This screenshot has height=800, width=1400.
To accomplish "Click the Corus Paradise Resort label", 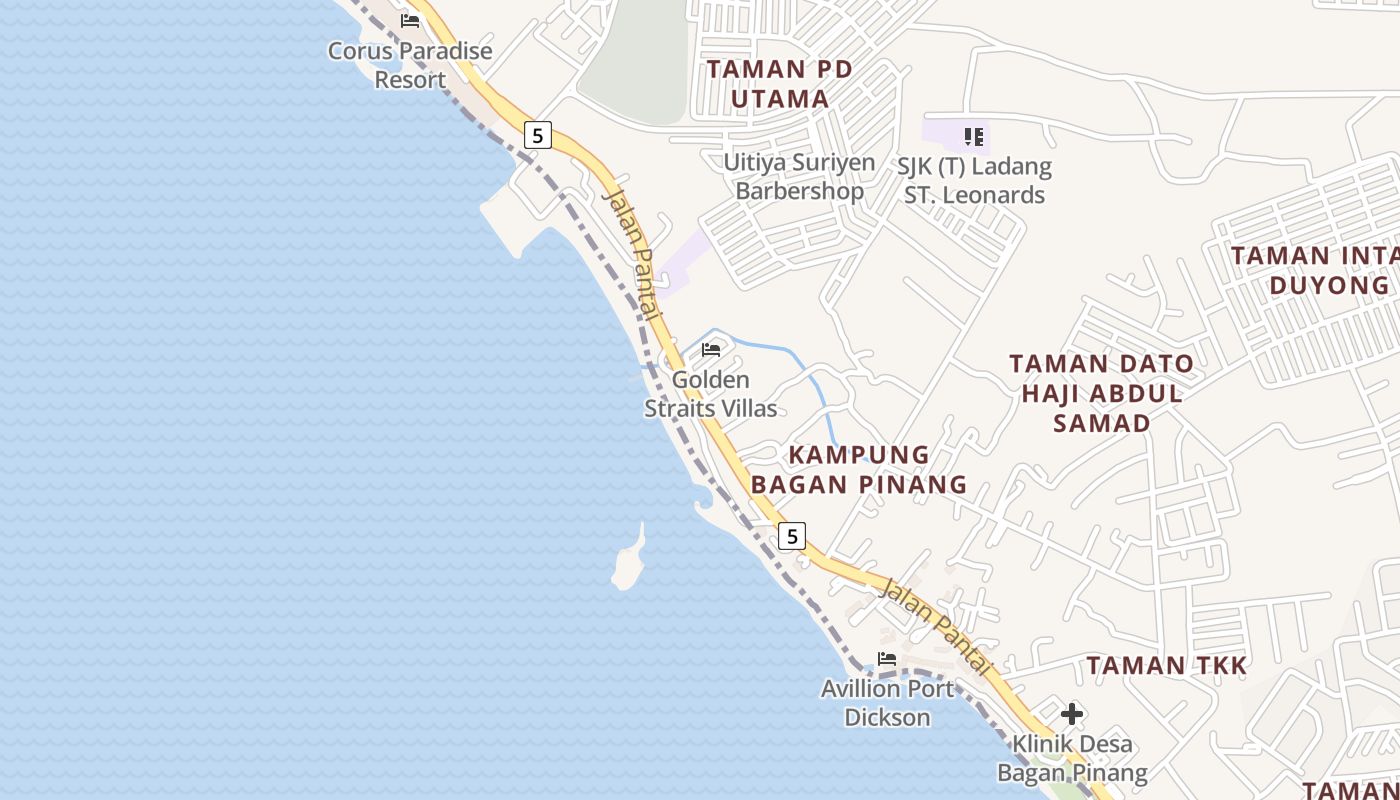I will (x=410, y=65).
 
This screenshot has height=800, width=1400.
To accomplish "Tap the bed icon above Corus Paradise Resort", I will (x=410, y=21).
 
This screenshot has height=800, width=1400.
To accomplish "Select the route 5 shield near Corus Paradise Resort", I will (x=538, y=135).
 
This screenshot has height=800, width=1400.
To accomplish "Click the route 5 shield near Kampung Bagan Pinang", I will (x=792, y=536).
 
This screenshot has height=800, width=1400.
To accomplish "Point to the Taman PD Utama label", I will (x=780, y=84).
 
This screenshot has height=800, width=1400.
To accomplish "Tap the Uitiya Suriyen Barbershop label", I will (x=799, y=176).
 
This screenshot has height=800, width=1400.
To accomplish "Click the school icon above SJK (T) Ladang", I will (x=974, y=136).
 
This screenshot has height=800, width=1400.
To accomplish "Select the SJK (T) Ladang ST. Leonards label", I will (x=975, y=181).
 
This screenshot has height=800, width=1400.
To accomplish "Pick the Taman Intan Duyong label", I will (x=1315, y=270).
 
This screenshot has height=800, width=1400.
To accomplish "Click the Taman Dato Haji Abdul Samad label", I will (x=1101, y=393).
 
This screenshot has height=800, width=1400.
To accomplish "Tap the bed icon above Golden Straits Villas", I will (x=711, y=350).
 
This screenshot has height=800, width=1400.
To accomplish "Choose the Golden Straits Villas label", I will (x=711, y=394).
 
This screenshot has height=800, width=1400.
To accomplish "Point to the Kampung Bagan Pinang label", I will (x=859, y=470).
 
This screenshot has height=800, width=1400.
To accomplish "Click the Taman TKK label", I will (x=1167, y=665).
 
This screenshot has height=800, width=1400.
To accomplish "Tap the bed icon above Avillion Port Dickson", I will (x=887, y=659).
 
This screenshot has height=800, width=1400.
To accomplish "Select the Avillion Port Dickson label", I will (x=887, y=703).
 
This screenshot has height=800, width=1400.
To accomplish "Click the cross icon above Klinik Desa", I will (x=1072, y=714).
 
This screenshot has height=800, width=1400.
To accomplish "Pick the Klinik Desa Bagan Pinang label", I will (x=1072, y=758).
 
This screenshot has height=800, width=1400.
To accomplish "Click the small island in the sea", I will (x=628, y=562).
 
